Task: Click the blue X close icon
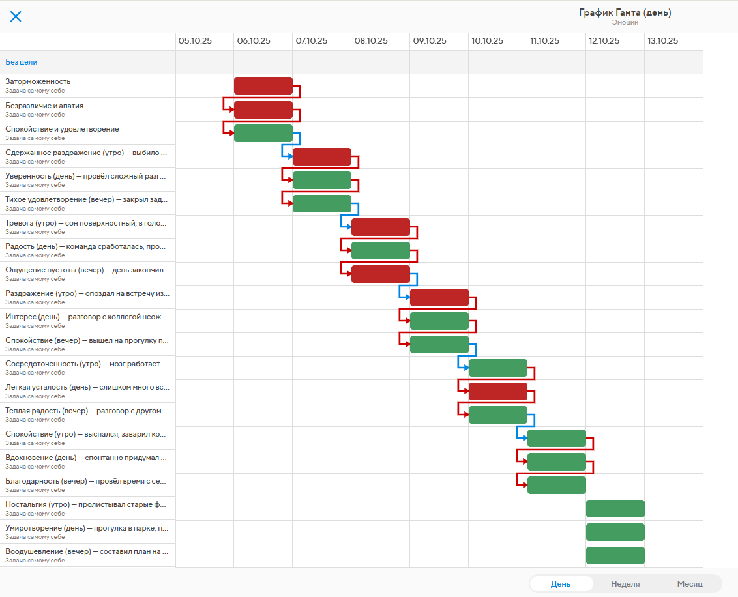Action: point(16,16)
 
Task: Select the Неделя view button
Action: point(625,584)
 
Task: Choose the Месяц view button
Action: point(689,584)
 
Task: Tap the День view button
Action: point(560,584)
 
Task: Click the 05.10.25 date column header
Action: point(195,40)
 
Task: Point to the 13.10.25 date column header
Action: point(662,40)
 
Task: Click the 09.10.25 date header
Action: point(429,40)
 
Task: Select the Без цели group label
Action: point(22,62)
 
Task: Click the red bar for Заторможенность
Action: point(263,86)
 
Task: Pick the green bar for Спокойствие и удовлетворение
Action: point(263,133)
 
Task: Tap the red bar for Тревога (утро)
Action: point(380,227)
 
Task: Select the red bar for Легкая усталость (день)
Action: point(497,391)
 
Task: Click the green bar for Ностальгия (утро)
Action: point(615,508)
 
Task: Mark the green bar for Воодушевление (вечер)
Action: point(615,555)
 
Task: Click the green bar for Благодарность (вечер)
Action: point(556,485)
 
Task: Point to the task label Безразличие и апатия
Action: point(44,106)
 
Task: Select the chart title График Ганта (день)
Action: point(625,12)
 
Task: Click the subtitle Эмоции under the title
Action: point(625,22)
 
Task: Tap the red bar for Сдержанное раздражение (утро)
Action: point(321,156)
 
